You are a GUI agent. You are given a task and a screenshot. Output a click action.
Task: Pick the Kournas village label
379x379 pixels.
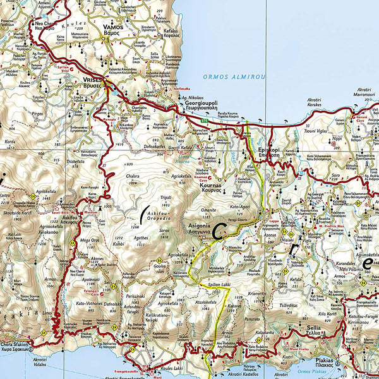coord(212,188)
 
